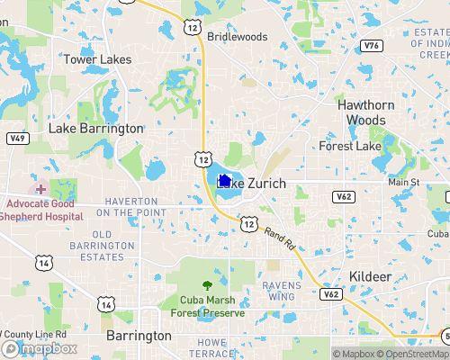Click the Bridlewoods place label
(x=238, y=37)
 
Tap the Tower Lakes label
(x=97, y=59)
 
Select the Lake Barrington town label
(x=95, y=129)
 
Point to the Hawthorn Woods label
(x=366, y=112)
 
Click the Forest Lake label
(x=350, y=146)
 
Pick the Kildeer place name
(x=370, y=276)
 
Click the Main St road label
(x=404, y=183)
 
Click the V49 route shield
(x=16, y=139)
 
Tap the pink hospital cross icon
(x=40, y=189)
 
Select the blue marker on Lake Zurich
(x=223, y=181)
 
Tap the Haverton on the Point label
(x=132, y=206)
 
